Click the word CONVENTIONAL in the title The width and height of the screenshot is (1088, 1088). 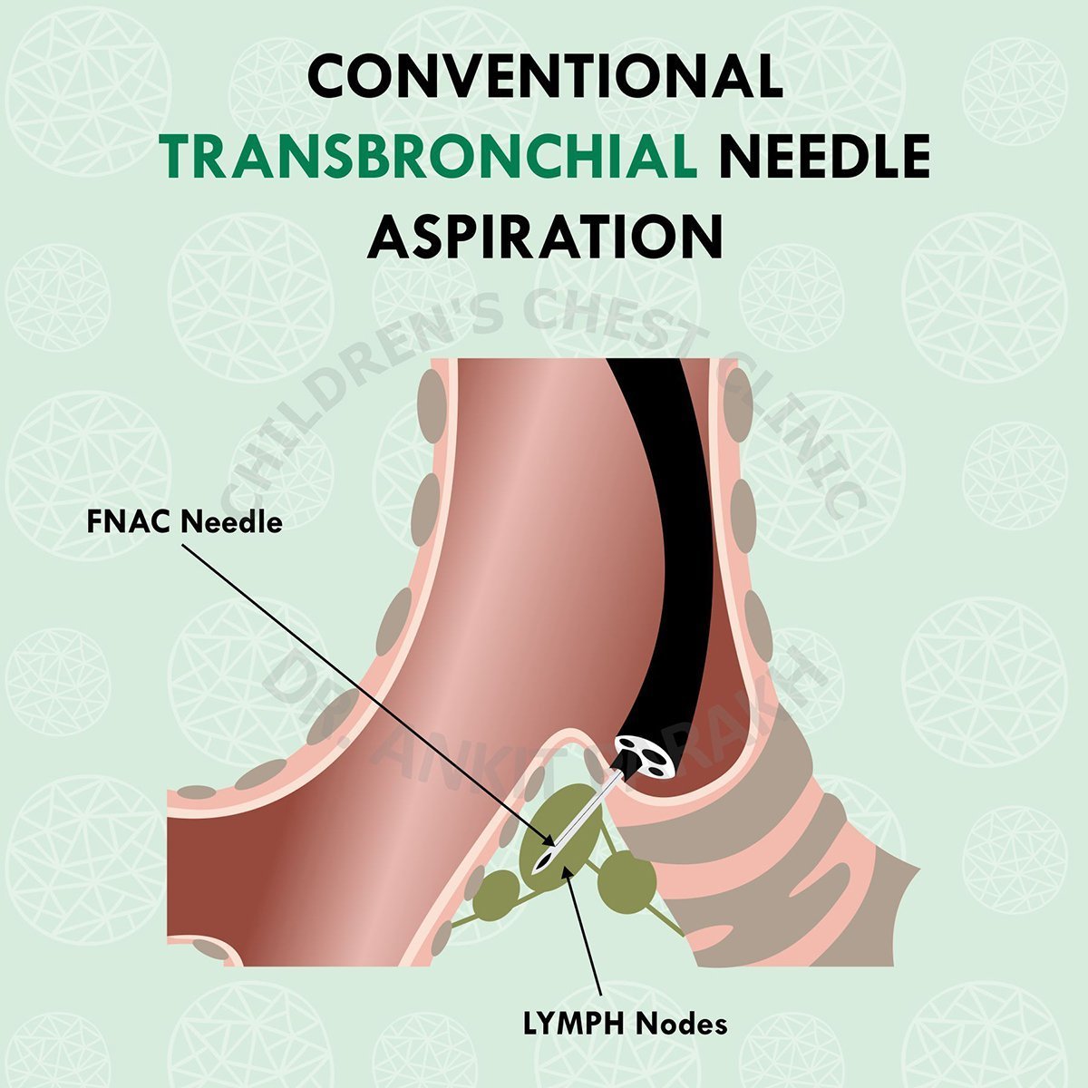pos(544,76)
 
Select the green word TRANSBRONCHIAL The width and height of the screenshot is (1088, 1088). pos(432,156)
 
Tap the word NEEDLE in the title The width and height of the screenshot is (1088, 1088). pos(824,156)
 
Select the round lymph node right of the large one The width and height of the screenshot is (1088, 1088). pos(626,879)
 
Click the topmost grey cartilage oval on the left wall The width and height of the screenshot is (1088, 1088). pos(432,400)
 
